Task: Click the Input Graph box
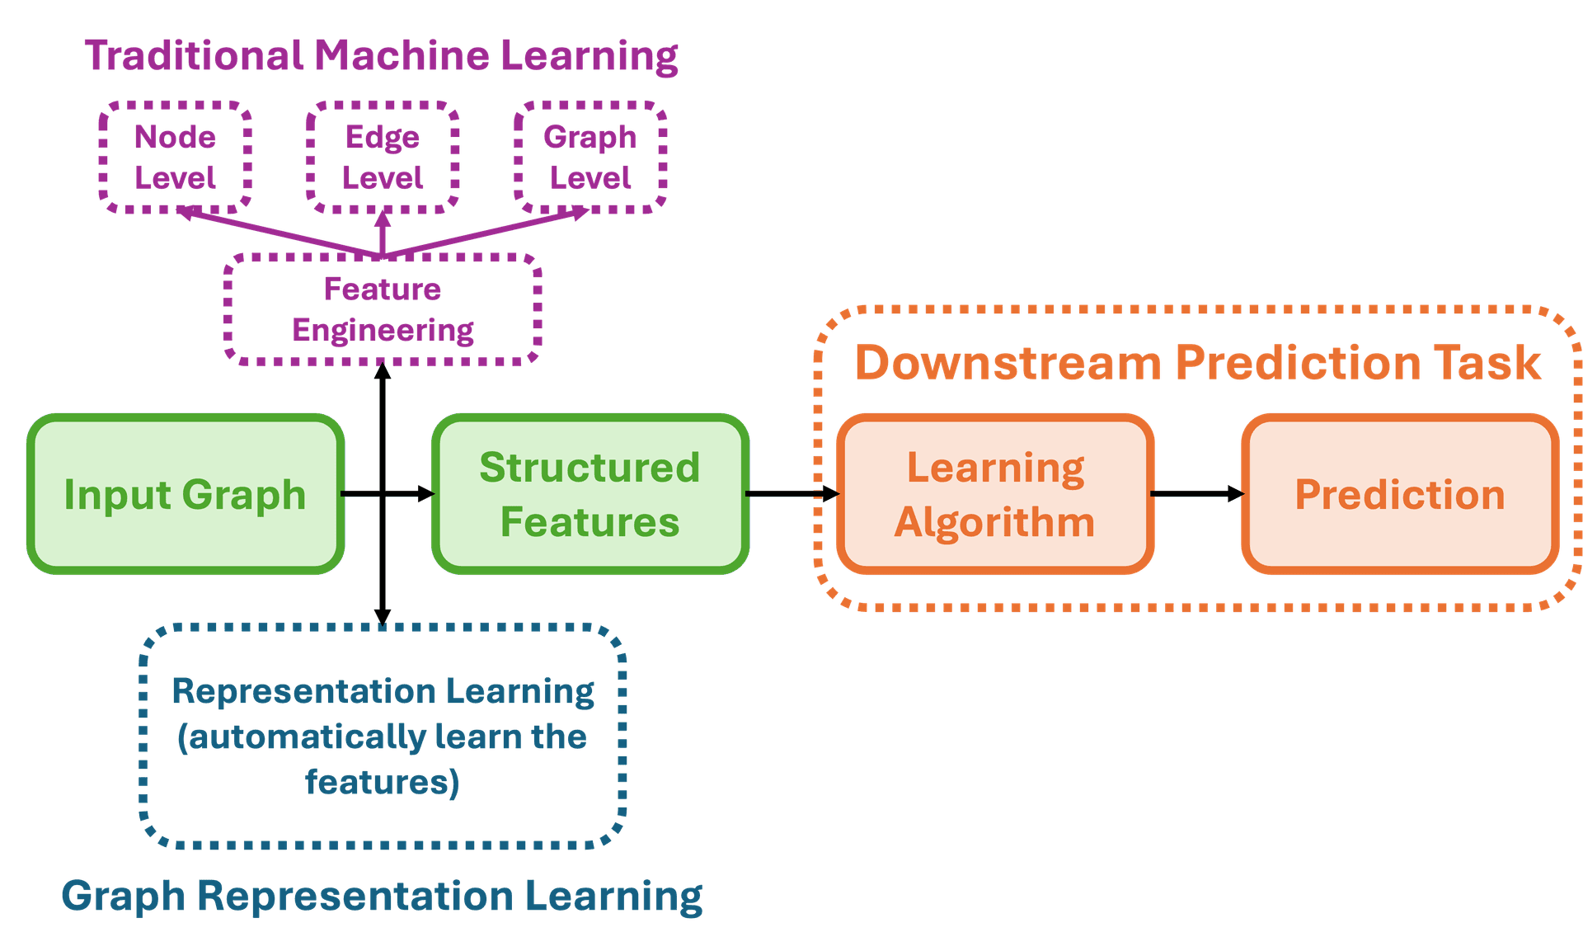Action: coord(186,494)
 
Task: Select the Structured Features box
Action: coord(590,494)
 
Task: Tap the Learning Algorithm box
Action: coord(995,494)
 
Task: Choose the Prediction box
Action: coord(1399,494)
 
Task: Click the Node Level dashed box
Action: coord(175,157)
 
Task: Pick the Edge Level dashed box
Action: coord(383,157)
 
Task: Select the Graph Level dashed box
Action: coord(590,157)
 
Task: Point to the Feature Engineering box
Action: coord(383,309)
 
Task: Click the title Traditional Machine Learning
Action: coord(381,56)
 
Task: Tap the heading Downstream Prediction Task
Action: coord(1197,363)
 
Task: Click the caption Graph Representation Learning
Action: coord(382,896)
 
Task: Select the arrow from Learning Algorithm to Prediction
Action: coord(1195,493)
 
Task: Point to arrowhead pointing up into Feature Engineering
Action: coord(383,371)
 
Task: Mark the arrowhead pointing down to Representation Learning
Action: coord(383,616)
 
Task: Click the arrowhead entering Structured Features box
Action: coord(425,493)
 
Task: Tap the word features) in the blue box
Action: coord(382,782)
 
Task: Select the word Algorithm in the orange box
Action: coord(995,522)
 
